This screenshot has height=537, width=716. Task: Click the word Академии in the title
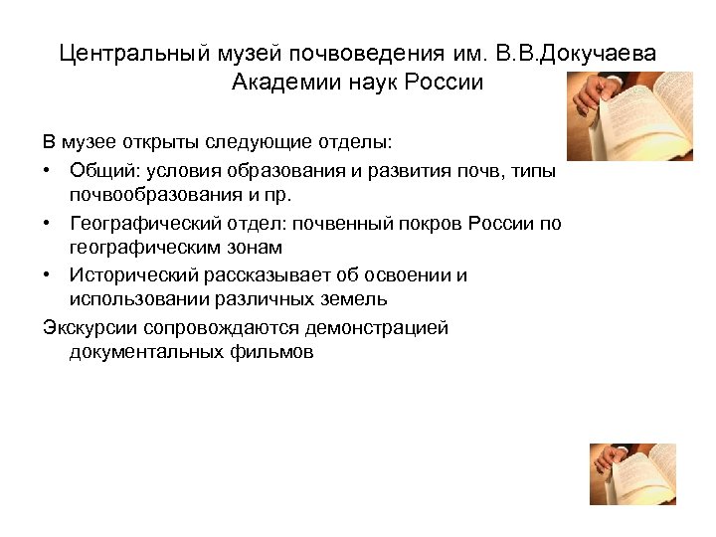tap(282, 82)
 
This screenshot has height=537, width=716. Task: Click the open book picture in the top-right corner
tap(628, 115)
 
